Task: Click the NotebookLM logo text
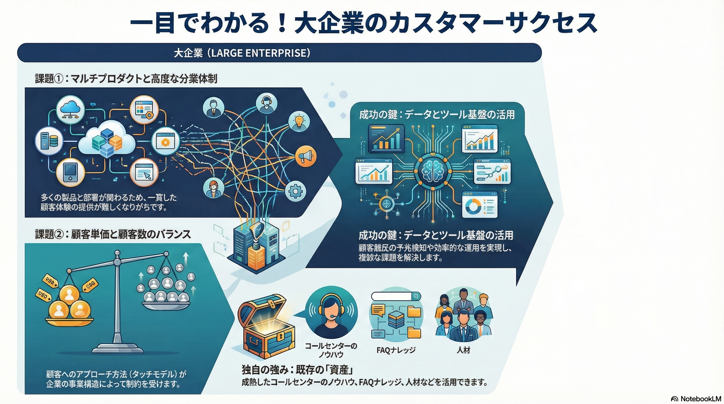click(x=700, y=399)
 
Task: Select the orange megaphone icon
click(x=305, y=156)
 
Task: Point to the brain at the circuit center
click(x=431, y=171)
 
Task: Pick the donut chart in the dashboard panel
click(x=473, y=207)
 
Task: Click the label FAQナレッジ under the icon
click(x=396, y=350)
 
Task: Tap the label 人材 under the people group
click(x=463, y=350)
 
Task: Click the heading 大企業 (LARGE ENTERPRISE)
click(x=242, y=53)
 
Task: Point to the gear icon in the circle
click(x=295, y=191)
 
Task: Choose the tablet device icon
click(x=70, y=172)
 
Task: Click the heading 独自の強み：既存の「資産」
click(x=297, y=370)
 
